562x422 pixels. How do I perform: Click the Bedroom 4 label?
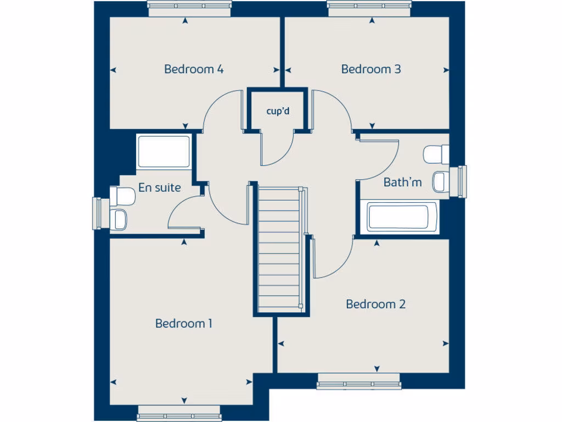(x=194, y=69)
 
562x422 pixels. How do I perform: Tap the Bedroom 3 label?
(x=371, y=69)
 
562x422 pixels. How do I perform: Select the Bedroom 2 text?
(x=376, y=304)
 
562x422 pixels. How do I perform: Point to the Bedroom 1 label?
(x=184, y=323)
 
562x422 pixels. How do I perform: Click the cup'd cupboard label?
(x=278, y=111)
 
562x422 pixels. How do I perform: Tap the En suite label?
(x=159, y=187)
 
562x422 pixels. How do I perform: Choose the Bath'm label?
(x=403, y=182)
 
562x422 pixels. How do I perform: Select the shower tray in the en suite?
(x=164, y=151)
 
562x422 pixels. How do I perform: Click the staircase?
(x=279, y=250)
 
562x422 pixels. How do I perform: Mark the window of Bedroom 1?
(x=179, y=413)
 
